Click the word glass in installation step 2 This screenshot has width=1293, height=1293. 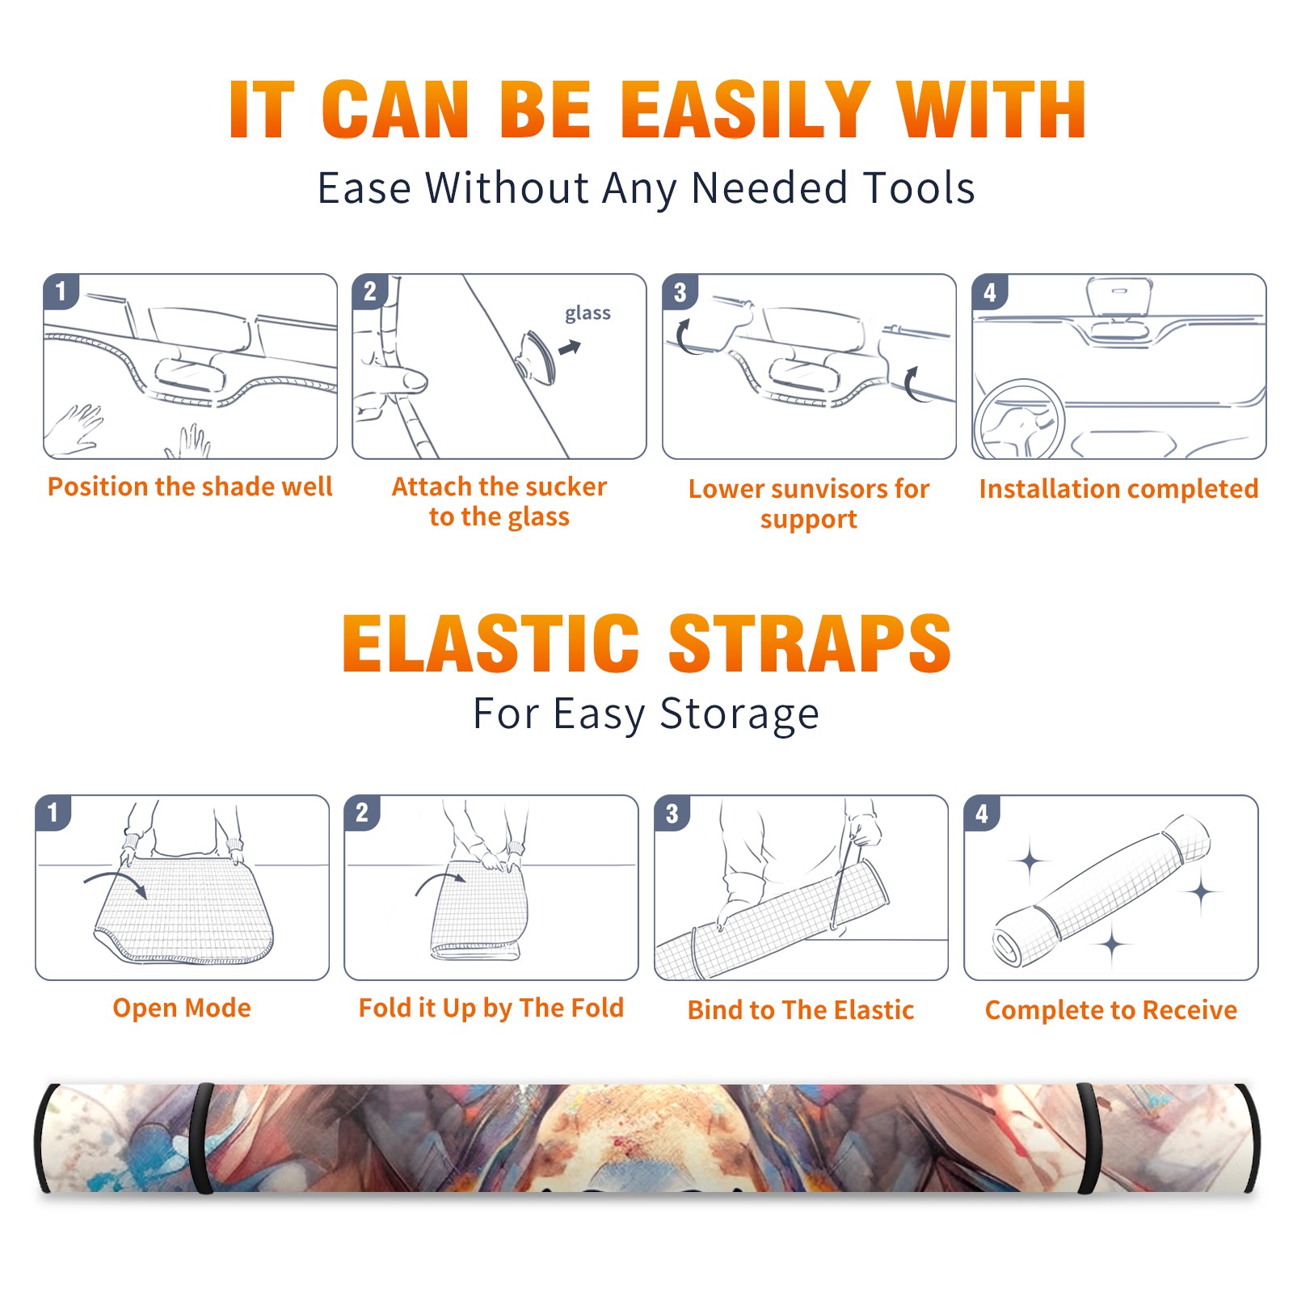(588, 314)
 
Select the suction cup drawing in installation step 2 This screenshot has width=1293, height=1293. (538, 357)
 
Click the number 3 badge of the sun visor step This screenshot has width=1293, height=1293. (680, 292)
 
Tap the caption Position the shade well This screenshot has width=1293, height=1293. (190, 486)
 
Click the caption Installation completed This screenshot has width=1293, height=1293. (1118, 489)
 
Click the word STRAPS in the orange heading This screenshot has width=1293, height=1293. (810, 643)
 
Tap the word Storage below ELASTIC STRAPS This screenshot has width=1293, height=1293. (739, 714)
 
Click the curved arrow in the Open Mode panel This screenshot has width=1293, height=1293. (116, 883)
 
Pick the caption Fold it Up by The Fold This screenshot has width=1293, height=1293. (491, 1009)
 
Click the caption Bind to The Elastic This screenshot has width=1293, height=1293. (801, 1010)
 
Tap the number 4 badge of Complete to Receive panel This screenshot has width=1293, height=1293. (982, 813)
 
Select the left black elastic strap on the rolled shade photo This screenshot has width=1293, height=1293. (203, 1139)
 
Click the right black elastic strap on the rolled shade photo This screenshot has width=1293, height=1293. (1089, 1139)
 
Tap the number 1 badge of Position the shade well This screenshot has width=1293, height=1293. (61, 292)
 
